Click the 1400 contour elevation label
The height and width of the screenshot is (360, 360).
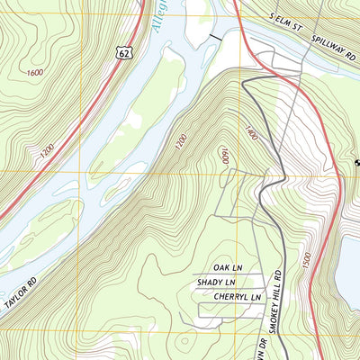point(250,134)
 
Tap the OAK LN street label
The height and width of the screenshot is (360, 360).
point(229,268)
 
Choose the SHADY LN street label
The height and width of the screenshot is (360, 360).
point(216,283)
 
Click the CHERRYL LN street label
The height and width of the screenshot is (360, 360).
point(230,296)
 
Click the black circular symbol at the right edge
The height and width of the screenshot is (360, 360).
point(355,162)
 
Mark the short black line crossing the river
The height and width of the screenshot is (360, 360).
point(214,37)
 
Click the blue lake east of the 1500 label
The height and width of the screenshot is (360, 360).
point(348,261)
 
